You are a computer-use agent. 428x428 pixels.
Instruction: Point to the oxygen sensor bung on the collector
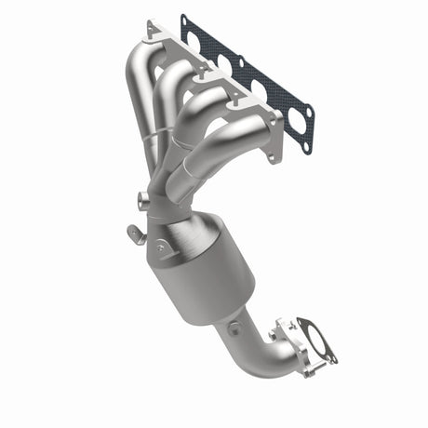[141, 199]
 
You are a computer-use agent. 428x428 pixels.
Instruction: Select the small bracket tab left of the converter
[133, 231]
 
